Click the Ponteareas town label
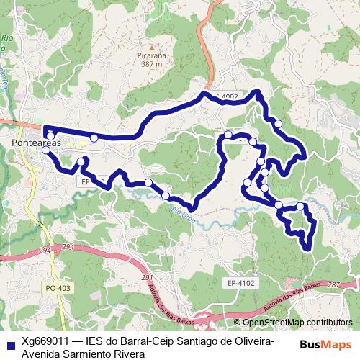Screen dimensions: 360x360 tap(35, 144)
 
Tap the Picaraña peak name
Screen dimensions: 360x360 tap(148, 54)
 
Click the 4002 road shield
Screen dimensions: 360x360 tap(230, 96)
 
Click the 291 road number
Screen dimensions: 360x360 tap(148, 277)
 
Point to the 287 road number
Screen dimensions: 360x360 tap(333, 286)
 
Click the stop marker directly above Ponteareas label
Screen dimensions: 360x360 tap(50, 135)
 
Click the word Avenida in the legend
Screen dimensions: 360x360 tap(42, 354)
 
